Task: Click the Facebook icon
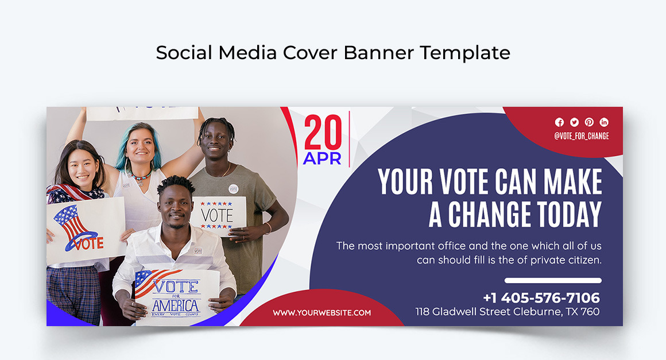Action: coord(559,122)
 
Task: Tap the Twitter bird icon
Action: coord(574,122)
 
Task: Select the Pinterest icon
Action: coord(589,122)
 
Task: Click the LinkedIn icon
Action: coord(604,122)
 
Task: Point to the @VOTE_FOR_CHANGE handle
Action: coord(581,136)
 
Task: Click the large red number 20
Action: coord(323,133)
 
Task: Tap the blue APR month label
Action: coord(322,158)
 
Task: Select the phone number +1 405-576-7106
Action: coord(541,298)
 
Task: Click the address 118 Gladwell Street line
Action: coord(508,312)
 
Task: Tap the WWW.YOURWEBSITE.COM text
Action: coord(322,313)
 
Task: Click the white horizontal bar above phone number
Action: coord(553,281)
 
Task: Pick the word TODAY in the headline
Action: coord(569,214)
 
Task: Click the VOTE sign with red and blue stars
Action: coord(217,215)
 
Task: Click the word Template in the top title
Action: coord(464,53)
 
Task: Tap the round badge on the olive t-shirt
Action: coord(233,188)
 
